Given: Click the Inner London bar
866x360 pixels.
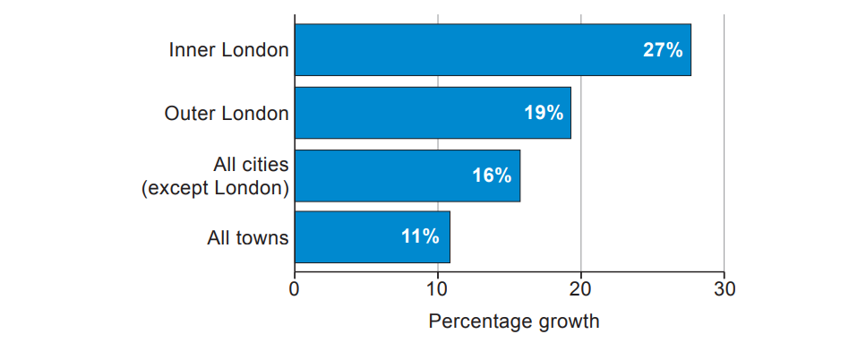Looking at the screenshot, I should click(x=492, y=50).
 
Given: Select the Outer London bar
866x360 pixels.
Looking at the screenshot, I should click(x=432, y=113).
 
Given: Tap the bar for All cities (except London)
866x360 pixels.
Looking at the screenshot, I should click(x=407, y=176).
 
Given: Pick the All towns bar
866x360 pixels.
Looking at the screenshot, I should click(x=372, y=237).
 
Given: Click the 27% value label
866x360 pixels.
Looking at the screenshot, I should click(x=663, y=50).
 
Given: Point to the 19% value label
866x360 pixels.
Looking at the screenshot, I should click(x=544, y=113).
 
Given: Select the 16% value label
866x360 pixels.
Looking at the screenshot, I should click(x=492, y=176).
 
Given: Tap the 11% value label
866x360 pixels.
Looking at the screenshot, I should click(x=420, y=237).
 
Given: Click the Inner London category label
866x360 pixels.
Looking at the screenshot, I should click(x=228, y=50).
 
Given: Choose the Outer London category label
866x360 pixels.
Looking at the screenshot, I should click(x=227, y=114).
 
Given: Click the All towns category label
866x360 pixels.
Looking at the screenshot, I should click(x=248, y=238).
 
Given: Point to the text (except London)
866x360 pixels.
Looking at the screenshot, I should click(x=216, y=188).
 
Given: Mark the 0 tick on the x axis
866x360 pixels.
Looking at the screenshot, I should click(x=295, y=289).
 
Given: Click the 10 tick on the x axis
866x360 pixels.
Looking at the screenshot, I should click(x=437, y=289).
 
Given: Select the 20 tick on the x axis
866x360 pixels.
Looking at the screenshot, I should click(x=580, y=289).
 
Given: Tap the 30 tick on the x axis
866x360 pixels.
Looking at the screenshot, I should click(x=724, y=289).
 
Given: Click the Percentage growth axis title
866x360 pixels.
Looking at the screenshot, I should click(x=514, y=321).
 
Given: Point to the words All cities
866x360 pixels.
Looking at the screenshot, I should click(x=251, y=165).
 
